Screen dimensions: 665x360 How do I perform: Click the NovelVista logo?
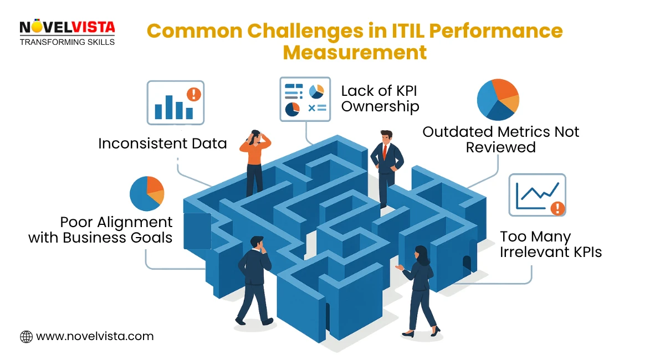point(67,28)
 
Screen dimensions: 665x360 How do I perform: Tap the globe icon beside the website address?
point(26,336)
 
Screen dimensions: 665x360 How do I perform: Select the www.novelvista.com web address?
point(95,336)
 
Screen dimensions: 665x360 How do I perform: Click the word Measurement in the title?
point(355,53)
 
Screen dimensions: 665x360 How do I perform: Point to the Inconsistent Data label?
point(162,143)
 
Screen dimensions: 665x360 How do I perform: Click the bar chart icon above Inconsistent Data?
point(175,102)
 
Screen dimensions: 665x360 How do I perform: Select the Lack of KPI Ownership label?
point(380,98)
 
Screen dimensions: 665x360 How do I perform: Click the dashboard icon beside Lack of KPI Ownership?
point(304,98)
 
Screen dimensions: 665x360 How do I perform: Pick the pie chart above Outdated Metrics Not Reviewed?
point(498,100)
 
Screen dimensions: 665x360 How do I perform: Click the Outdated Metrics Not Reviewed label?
point(500,139)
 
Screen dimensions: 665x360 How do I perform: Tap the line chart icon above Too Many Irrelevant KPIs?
point(537,194)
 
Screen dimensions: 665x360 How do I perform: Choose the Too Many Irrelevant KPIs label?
point(550,244)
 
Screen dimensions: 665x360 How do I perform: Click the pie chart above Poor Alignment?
point(147,194)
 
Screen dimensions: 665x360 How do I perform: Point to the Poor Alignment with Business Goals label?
point(100,230)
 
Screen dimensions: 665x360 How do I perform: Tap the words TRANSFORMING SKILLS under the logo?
point(67,42)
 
